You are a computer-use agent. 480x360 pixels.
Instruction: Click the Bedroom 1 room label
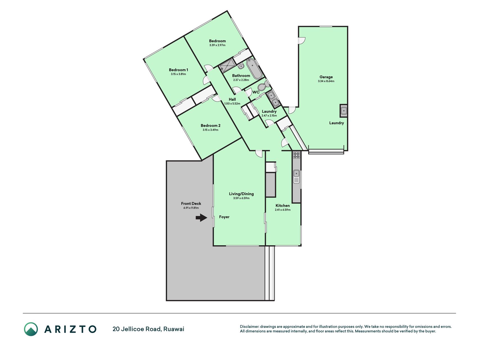(179, 70)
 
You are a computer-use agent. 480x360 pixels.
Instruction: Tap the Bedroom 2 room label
(211, 125)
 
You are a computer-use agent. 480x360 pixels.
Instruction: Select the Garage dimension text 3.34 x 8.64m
(326, 81)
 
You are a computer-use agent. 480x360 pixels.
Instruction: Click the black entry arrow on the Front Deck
(201, 217)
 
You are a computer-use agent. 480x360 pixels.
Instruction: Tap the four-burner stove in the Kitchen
(296, 155)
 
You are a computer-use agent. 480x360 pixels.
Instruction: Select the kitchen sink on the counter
(296, 177)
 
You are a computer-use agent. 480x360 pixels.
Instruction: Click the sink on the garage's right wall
(344, 111)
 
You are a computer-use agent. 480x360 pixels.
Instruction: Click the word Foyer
(224, 217)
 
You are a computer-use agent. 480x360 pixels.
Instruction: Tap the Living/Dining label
(241, 194)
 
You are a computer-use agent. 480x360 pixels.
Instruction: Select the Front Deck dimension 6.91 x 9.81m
(191, 208)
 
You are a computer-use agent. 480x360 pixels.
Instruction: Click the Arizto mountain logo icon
(31, 329)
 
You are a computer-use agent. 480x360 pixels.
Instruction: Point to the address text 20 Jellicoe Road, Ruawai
(148, 329)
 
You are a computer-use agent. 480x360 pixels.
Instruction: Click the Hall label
(232, 99)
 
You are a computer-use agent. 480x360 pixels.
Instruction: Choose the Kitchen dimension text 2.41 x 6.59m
(283, 210)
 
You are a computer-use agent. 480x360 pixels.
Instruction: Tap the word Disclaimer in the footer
(249, 327)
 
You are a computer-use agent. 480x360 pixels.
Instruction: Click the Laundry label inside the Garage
(337, 123)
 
